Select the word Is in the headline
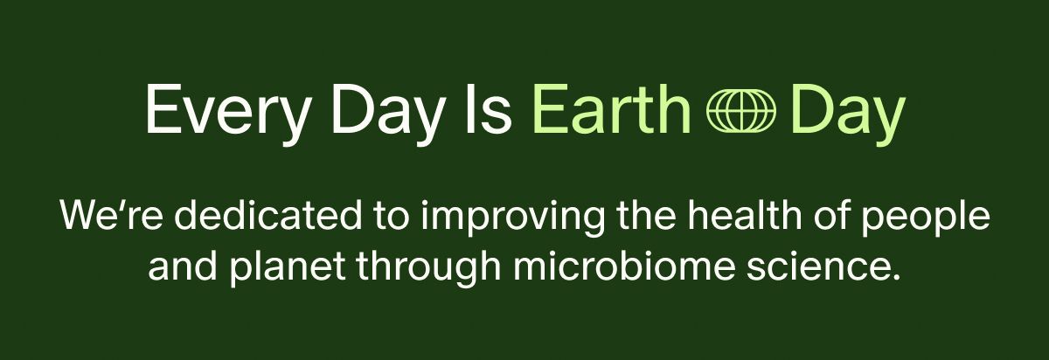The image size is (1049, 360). tap(490, 110)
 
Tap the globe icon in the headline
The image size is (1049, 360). tap(740, 112)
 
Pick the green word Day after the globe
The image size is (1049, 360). tap(847, 110)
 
